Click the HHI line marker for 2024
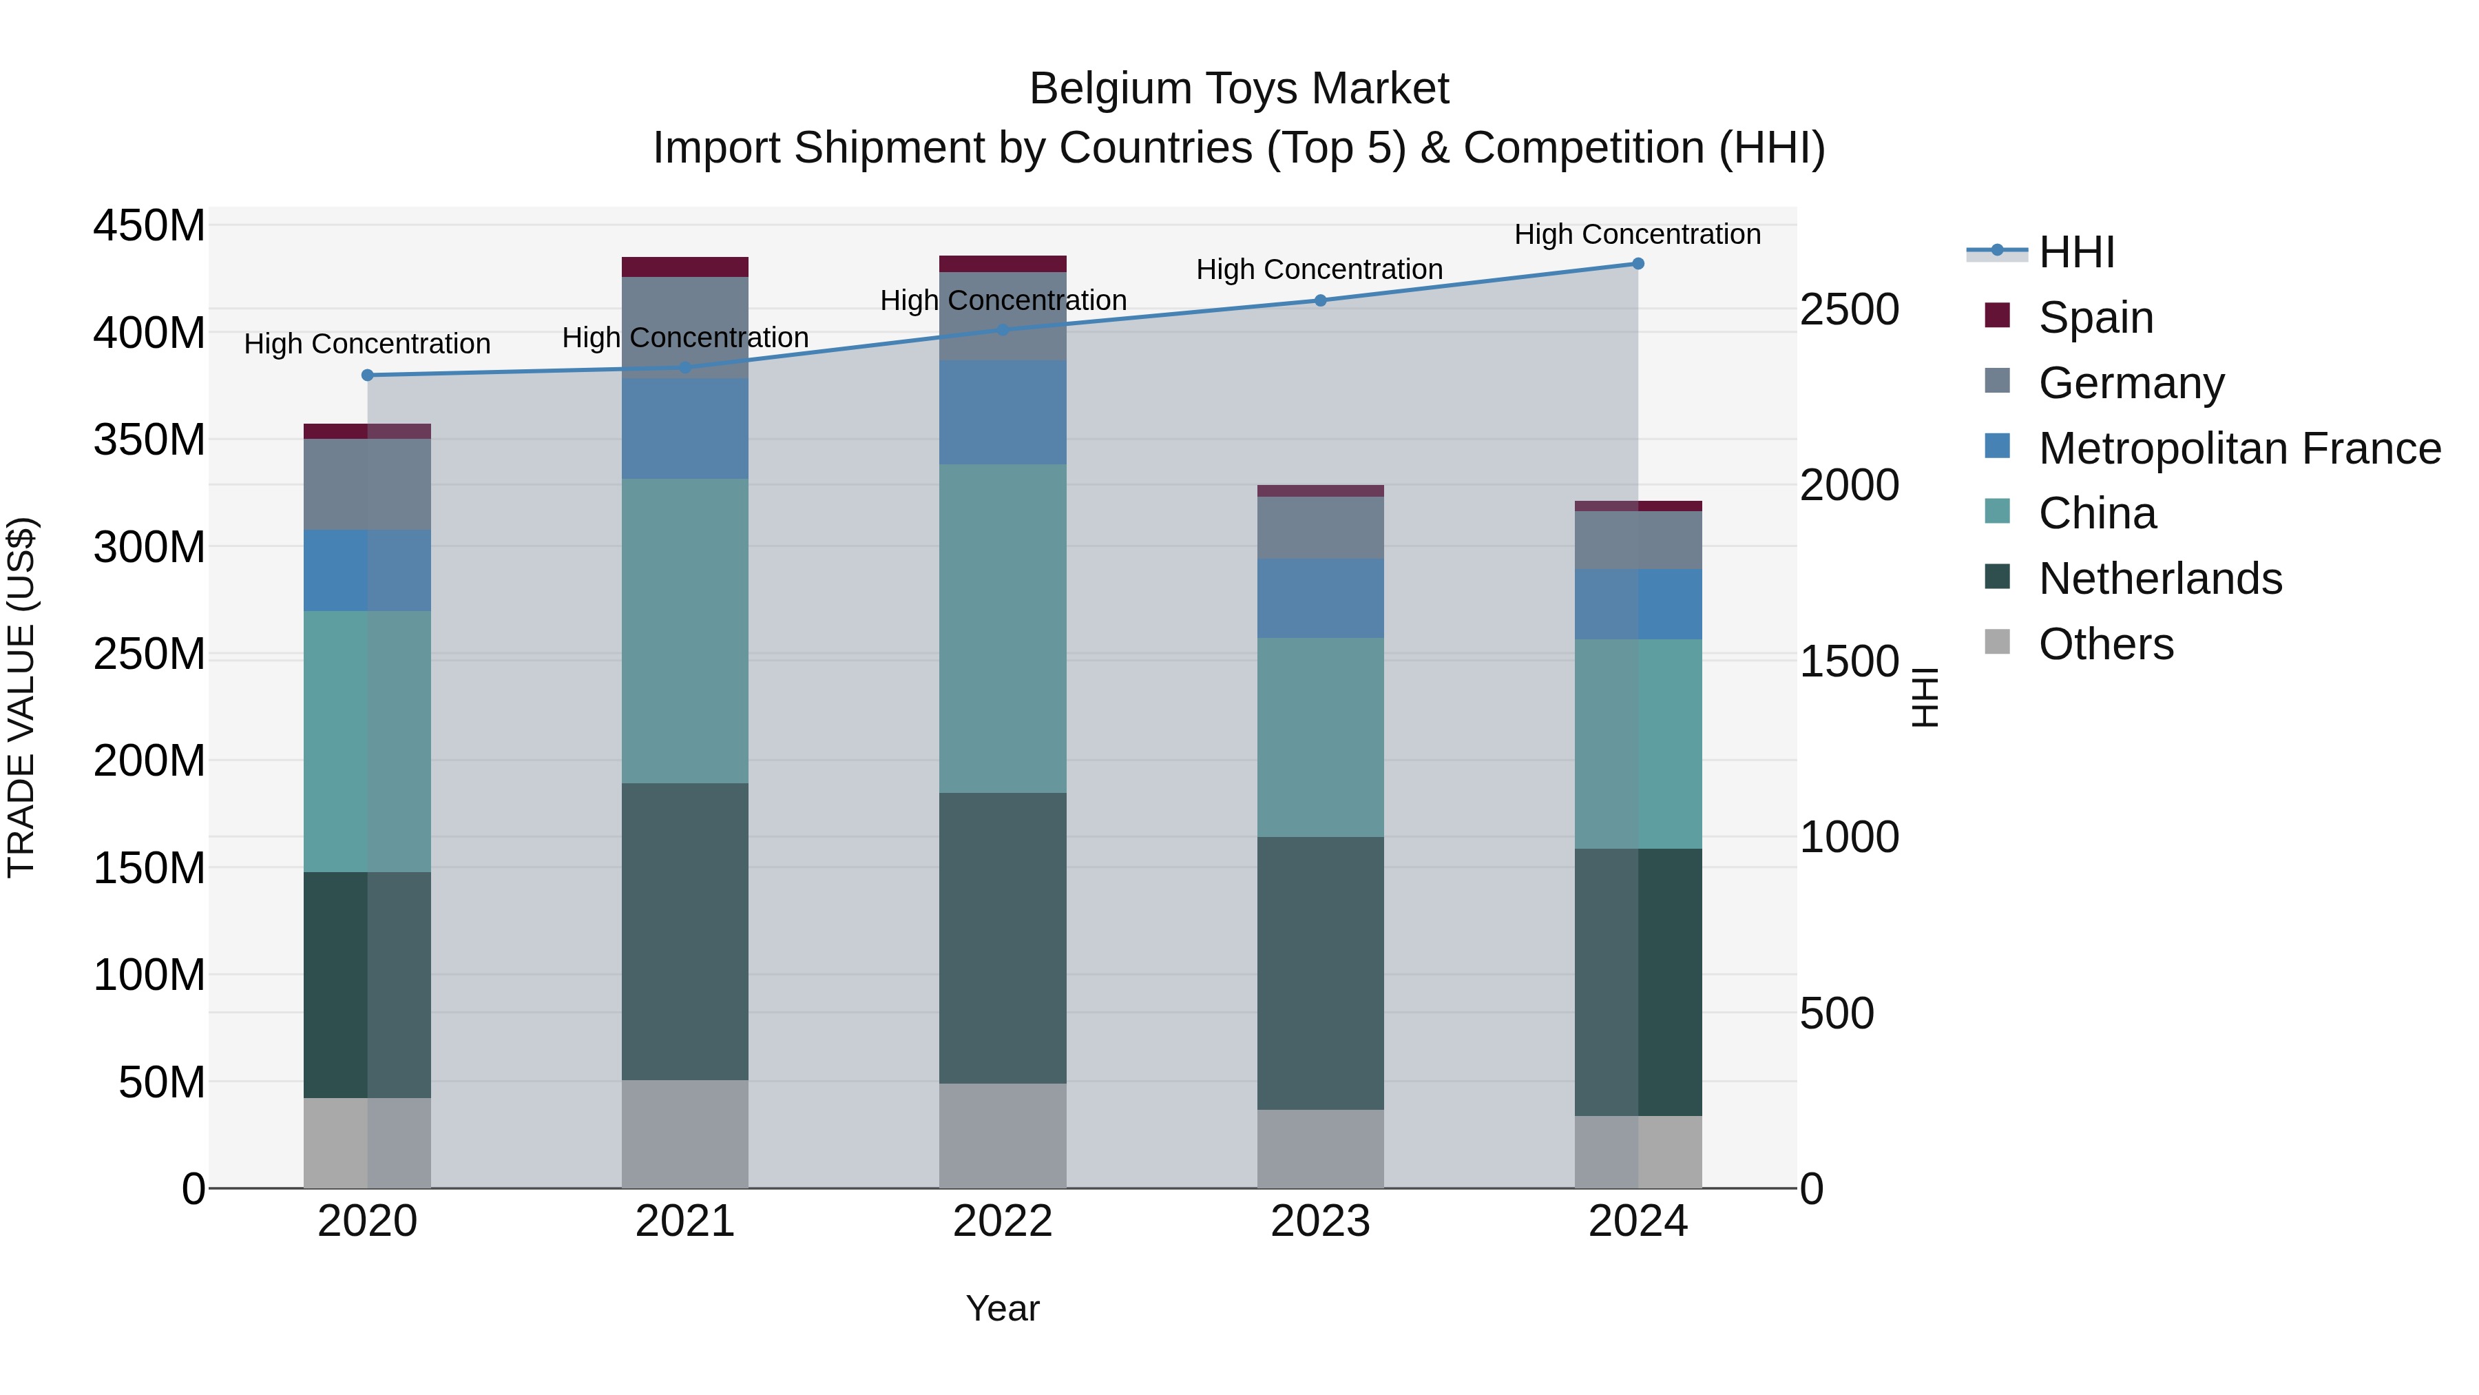click(1638, 264)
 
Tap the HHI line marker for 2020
click(368, 375)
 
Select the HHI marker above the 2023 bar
click(1320, 300)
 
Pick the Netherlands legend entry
click(2159, 579)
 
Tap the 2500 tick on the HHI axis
click(1850, 310)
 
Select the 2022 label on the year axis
click(1003, 1221)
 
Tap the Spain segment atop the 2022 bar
click(1003, 264)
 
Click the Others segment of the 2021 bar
click(685, 1133)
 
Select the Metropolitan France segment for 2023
click(1320, 598)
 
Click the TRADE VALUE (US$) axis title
click(21, 697)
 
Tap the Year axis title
click(1003, 1308)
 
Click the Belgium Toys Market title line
click(1239, 89)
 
